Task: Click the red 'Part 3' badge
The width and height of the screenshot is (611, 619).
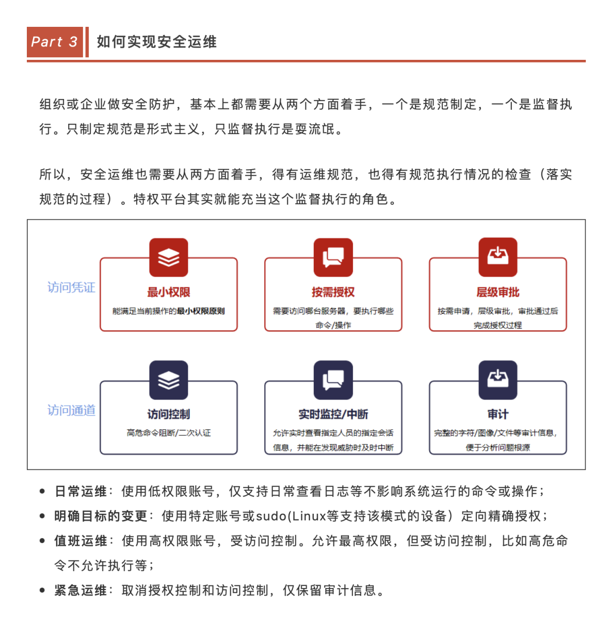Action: point(55,42)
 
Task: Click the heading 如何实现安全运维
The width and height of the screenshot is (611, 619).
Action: point(156,42)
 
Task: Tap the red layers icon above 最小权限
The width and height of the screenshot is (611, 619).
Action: point(168,257)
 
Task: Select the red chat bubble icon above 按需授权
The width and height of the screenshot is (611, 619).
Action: point(333,257)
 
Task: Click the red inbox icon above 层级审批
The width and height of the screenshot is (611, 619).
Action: point(497,257)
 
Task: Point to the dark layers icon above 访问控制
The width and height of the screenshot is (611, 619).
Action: point(168,380)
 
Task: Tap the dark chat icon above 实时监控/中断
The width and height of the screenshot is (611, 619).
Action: point(333,380)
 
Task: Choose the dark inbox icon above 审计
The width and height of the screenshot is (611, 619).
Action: point(497,380)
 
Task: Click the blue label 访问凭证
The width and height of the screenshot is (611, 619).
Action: point(71,287)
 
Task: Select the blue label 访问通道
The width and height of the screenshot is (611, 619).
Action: point(71,410)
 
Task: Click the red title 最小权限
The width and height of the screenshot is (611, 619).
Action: point(168,292)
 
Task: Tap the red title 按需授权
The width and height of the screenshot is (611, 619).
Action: point(333,292)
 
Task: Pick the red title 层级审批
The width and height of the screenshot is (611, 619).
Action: point(497,292)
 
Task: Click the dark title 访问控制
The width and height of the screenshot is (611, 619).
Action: point(168,414)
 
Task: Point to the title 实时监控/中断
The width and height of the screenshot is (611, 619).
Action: point(333,414)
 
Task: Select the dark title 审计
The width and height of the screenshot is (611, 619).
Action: point(497,414)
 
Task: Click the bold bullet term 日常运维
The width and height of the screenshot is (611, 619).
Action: point(81,491)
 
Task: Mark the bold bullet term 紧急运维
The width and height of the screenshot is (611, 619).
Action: point(81,590)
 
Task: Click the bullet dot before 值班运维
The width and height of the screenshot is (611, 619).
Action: point(42,541)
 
